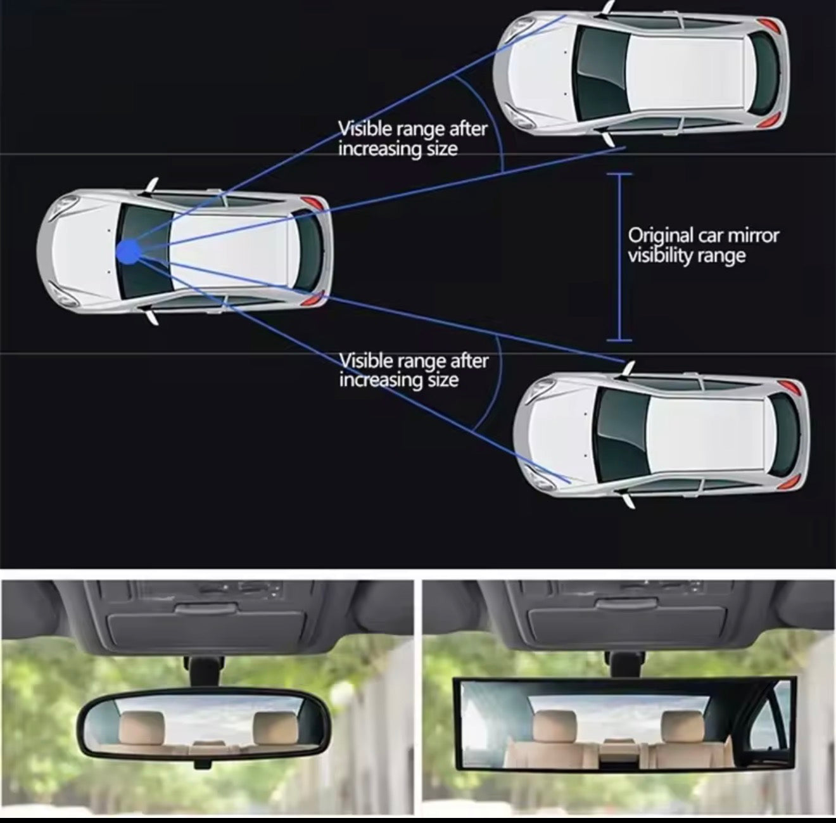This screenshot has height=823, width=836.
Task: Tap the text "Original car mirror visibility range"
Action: [x=702, y=245]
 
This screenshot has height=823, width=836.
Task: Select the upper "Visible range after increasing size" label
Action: [x=412, y=139]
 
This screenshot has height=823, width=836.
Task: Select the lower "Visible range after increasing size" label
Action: [x=414, y=370]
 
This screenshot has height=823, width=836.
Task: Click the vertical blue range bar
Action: [x=620, y=257]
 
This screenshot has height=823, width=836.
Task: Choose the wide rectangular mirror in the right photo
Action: [x=624, y=724]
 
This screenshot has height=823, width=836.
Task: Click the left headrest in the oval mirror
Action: [x=141, y=727]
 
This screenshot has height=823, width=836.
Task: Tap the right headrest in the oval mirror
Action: [x=273, y=727]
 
